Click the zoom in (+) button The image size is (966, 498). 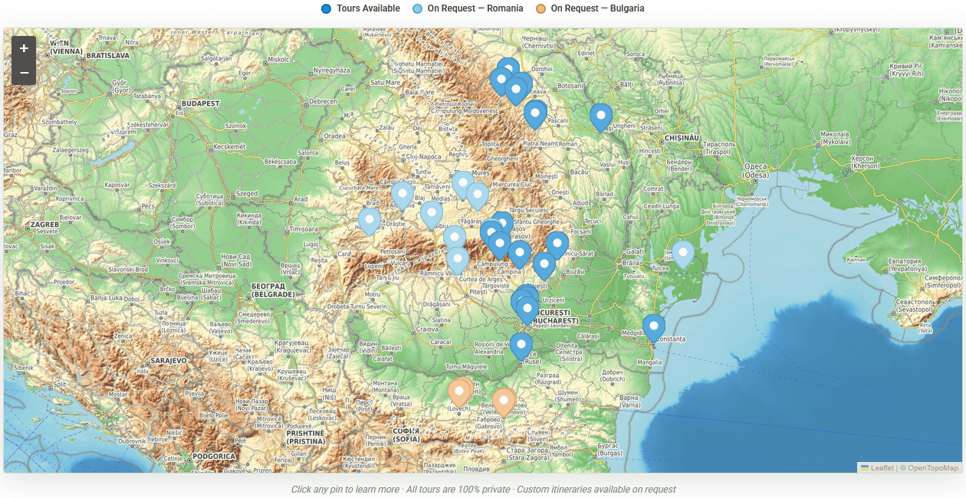pos(24,48)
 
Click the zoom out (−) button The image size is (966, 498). pos(24,73)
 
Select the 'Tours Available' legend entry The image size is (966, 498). pos(360,8)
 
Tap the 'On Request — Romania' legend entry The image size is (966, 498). pos(468,8)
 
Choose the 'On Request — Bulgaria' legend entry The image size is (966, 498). pos(590,8)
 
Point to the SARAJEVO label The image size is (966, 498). pos(169,360)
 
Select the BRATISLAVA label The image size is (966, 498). pos(107,56)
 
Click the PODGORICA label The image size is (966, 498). pos(213,457)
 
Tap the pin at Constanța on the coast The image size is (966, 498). pos(653,326)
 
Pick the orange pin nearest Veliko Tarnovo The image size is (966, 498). pos(504,400)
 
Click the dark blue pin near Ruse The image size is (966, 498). pos(521,345)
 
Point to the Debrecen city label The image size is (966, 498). pos(323,102)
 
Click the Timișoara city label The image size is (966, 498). pos(304,229)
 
